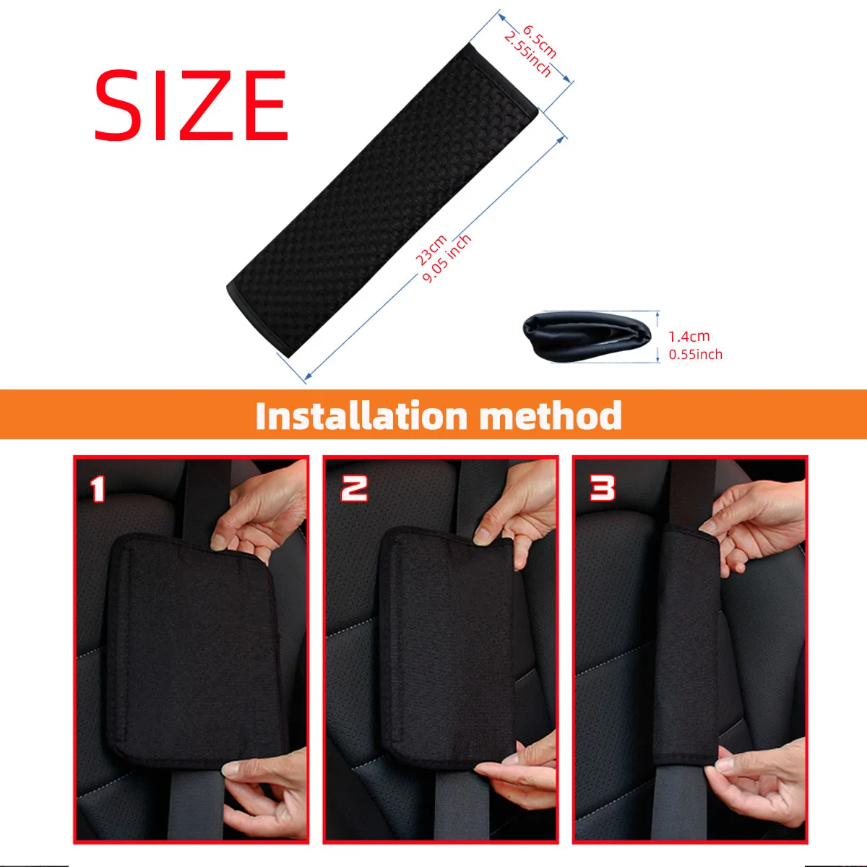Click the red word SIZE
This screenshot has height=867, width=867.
pos(191,105)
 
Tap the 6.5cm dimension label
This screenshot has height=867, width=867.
pos(540,43)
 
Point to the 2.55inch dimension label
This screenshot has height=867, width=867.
pos(527,56)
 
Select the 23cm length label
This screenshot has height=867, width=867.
pos(431,250)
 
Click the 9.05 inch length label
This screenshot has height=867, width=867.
pos(447,258)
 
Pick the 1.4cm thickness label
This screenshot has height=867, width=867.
pos(689,336)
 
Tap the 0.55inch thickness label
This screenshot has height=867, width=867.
pos(695,354)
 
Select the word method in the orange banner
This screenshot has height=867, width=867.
pos(551,415)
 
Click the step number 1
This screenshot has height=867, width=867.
pos(98,489)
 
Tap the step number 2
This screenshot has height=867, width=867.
pos(354,488)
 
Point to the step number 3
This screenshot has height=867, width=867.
pos(603,488)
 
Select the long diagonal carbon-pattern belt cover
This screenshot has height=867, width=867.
pos(382,200)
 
